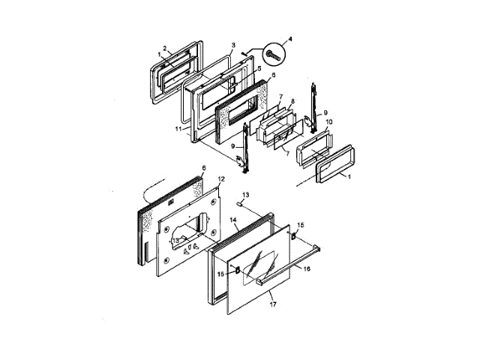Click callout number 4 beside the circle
(290, 39)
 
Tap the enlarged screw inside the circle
(273, 55)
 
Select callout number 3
(233, 45)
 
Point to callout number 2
(165, 48)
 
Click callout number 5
(259, 68)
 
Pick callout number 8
(292, 101)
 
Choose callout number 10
(328, 121)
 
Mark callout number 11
(178, 129)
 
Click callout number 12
(221, 178)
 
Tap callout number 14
(233, 220)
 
